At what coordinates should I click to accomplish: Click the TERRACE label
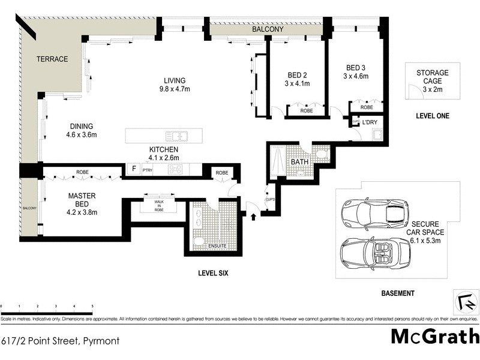coord(52,59)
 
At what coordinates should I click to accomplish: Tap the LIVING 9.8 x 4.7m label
coord(175,85)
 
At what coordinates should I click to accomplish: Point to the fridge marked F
coord(133,170)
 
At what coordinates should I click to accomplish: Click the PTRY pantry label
coord(148,170)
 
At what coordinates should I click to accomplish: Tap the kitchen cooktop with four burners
coord(176,170)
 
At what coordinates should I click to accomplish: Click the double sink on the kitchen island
coord(178,136)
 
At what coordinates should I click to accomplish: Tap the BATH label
coord(299,162)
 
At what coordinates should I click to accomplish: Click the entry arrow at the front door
coord(254,214)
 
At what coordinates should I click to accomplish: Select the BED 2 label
coord(297,80)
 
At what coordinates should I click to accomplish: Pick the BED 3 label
coord(356,71)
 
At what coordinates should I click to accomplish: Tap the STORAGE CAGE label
coord(432,77)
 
